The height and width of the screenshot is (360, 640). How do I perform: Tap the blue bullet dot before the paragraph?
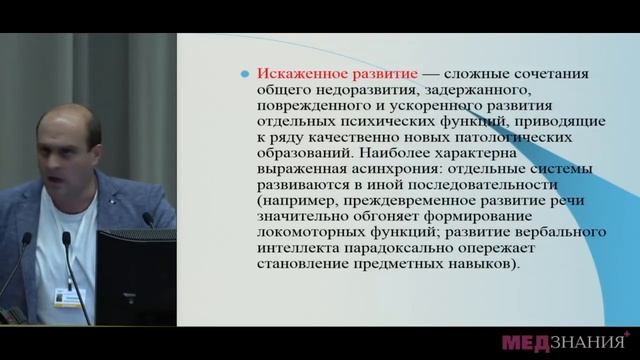tap(245, 76)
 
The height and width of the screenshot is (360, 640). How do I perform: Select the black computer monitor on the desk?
tap(136, 275)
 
